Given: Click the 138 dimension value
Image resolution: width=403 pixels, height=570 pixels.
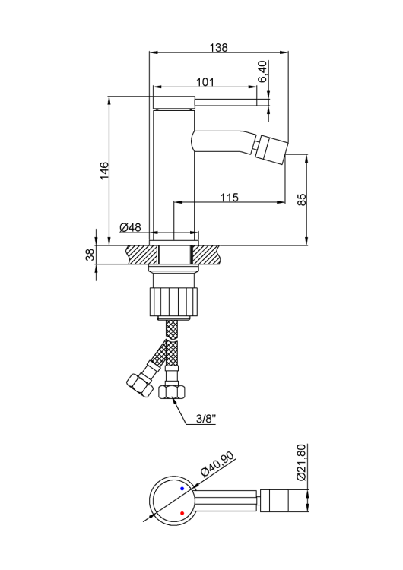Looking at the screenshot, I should coord(219,46).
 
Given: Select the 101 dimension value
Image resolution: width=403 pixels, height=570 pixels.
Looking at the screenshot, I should coord(205,81).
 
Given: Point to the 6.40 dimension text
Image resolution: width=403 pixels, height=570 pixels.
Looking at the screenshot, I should coord(262,71).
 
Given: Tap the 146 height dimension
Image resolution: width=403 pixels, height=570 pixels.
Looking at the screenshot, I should coord(104,171).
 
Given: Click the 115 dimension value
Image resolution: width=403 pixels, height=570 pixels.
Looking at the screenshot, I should coord(230,197).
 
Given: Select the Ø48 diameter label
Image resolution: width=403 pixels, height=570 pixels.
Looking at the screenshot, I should coord(132,227).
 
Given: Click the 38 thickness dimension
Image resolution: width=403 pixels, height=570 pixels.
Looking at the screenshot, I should coord(90,255).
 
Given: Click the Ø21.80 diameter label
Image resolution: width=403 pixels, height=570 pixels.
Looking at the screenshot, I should coord(301,463).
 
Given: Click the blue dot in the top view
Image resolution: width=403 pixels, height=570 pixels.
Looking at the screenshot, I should coord(182,488).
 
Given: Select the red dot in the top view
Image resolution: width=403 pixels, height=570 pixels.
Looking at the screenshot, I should coord(182,514).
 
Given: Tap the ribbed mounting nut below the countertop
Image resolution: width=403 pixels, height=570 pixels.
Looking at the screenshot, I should coord(175,299).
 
